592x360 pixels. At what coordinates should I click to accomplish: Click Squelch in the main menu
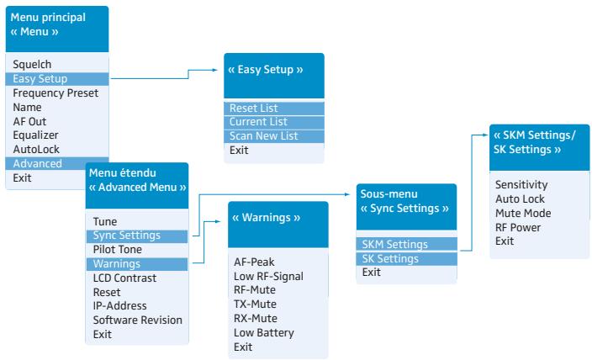click(32, 65)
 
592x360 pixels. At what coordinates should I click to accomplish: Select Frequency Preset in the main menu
click(55, 93)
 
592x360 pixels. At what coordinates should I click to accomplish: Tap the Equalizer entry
click(35, 135)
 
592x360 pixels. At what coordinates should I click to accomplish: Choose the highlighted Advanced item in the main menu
click(37, 163)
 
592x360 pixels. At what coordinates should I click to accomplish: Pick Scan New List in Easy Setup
click(263, 136)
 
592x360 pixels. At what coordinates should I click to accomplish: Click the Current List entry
click(258, 122)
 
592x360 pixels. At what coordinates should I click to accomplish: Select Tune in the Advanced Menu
click(105, 221)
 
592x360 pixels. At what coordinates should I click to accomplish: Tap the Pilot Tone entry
click(118, 249)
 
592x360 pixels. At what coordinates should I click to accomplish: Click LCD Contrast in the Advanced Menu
click(124, 278)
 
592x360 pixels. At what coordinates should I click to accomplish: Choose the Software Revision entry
click(137, 320)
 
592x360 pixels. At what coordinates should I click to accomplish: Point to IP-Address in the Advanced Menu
click(119, 305)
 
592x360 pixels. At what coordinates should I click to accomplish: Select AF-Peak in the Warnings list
click(254, 262)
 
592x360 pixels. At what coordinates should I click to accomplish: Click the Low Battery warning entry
click(264, 333)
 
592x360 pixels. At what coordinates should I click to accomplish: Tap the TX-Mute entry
click(255, 304)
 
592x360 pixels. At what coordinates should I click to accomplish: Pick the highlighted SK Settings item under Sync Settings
click(390, 259)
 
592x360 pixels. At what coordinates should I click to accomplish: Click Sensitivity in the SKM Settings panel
click(521, 185)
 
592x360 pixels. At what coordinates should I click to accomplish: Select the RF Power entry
click(518, 227)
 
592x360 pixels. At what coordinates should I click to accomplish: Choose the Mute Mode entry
click(523, 213)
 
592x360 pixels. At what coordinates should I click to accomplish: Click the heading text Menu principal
click(48, 18)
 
